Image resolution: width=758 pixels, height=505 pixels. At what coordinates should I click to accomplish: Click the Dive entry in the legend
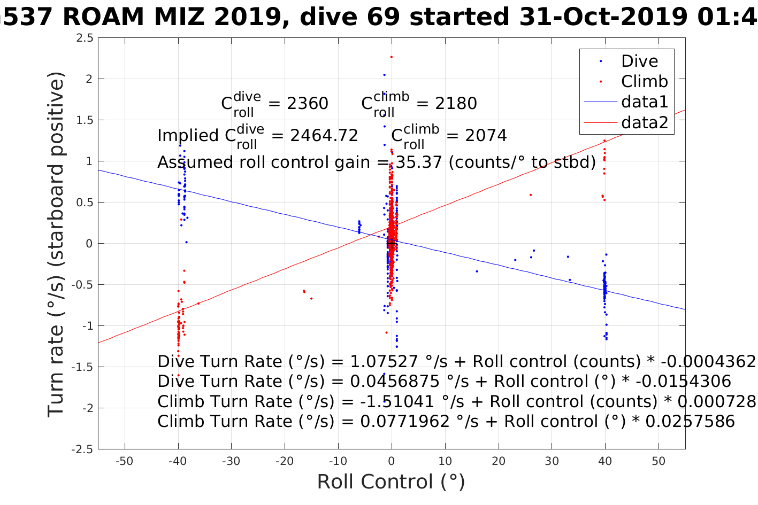pyautogui.click(x=639, y=61)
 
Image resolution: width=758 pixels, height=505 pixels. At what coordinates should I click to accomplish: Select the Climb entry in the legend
pyautogui.click(x=644, y=82)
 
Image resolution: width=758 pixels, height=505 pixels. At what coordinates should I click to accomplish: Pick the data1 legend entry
pyautogui.click(x=645, y=102)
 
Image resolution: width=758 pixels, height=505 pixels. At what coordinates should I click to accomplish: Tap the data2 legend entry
pyautogui.click(x=645, y=123)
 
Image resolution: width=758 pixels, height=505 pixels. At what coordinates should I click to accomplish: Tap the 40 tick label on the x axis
pyautogui.click(x=605, y=461)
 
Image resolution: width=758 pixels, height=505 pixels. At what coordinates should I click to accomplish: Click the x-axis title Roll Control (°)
pyautogui.click(x=391, y=482)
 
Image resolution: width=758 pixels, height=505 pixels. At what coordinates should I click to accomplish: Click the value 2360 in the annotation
pyautogui.click(x=308, y=104)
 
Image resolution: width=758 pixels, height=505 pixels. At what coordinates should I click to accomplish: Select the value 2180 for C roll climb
pyautogui.click(x=456, y=104)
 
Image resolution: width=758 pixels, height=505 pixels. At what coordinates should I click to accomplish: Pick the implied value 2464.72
pyautogui.click(x=324, y=136)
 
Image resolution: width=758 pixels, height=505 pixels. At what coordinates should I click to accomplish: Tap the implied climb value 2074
pyautogui.click(x=486, y=136)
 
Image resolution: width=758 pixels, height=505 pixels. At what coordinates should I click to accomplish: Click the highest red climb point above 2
pyautogui.click(x=391, y=57)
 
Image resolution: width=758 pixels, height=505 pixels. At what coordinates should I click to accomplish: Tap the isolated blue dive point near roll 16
pyautogui.click(x=477, y=271)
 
